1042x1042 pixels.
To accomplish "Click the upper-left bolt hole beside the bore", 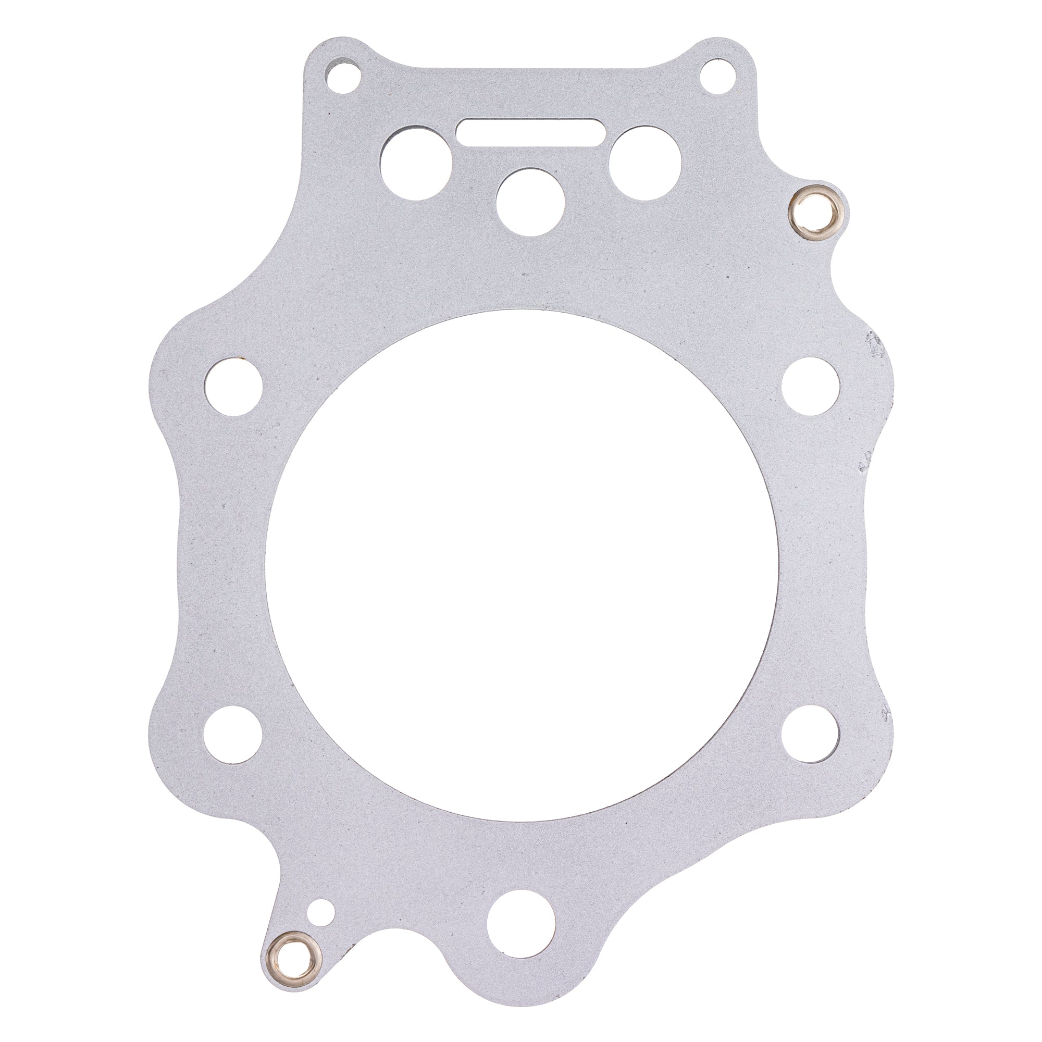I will click(234, 386).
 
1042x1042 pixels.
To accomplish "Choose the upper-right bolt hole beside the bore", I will click(810, 386).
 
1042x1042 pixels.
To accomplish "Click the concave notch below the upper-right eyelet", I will click(841, 280).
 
